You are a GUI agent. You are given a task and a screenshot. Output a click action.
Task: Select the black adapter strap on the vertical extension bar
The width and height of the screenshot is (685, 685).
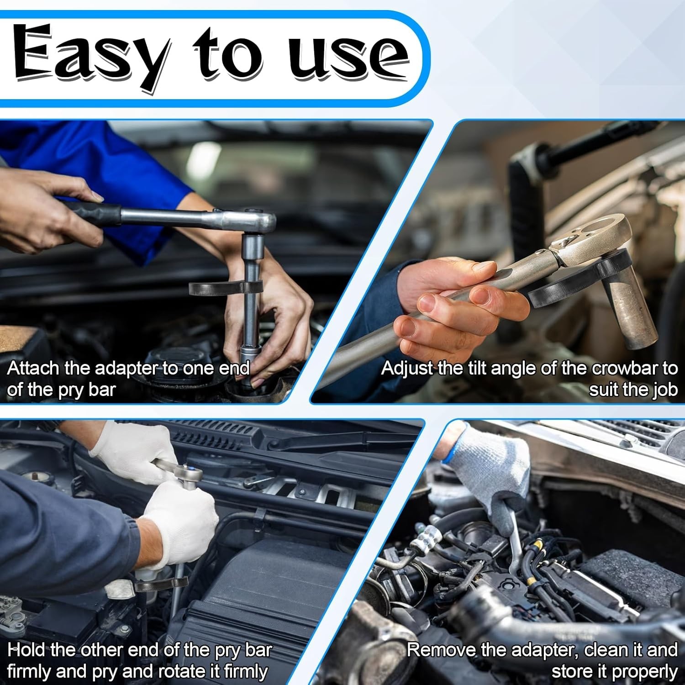[226, 288]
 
